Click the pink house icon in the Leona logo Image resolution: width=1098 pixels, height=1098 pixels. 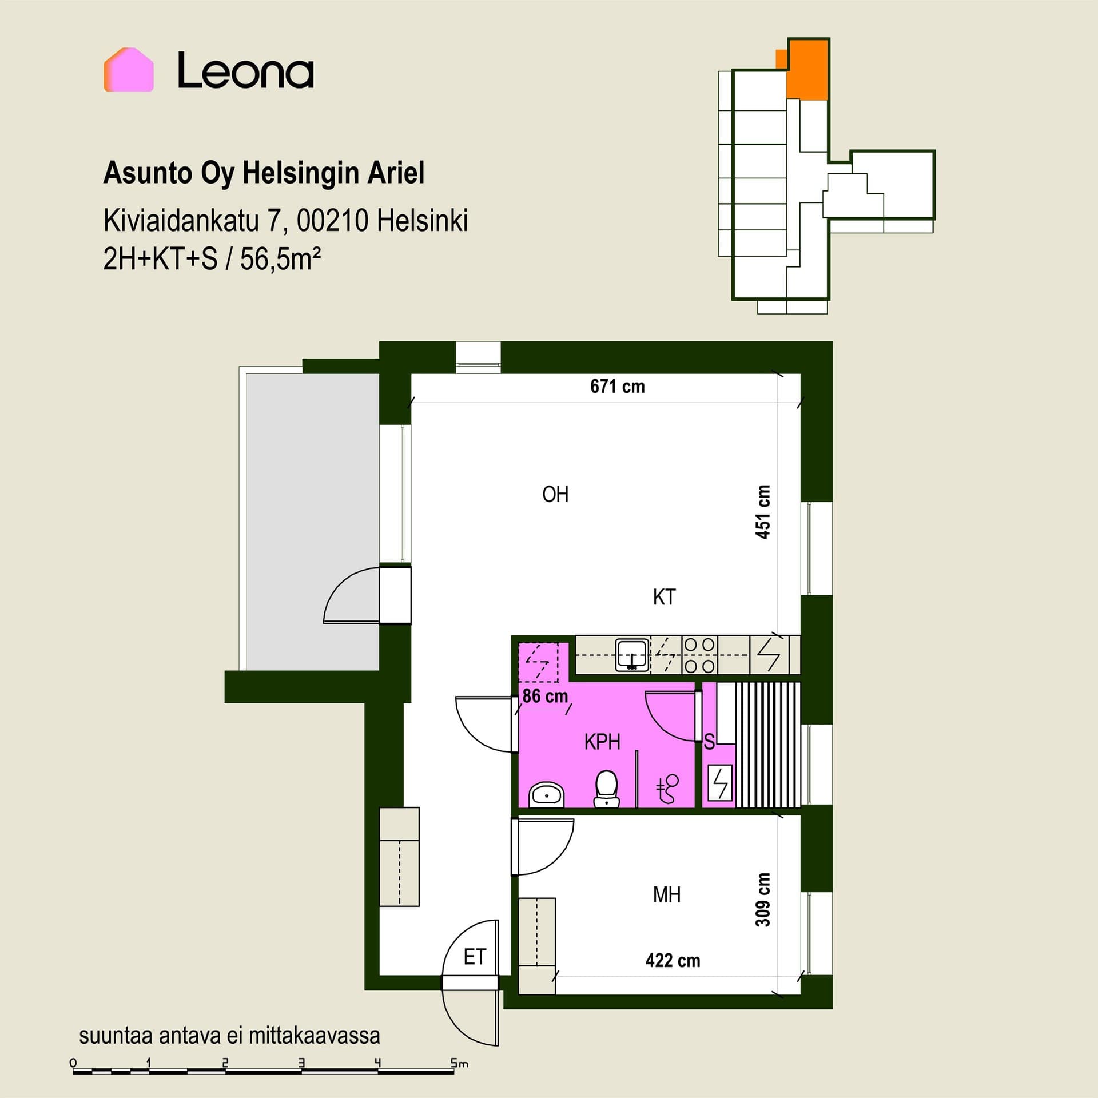click(129, 70)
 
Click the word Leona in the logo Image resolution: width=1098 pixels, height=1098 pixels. click(245, 70)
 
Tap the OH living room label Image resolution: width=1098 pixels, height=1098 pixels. click(555, 494)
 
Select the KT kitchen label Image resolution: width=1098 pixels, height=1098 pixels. click(664, 597)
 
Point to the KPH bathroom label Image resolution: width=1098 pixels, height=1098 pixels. click(602, 742)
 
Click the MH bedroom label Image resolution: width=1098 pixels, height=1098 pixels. click(667, 894)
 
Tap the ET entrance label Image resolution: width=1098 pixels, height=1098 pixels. click(475, 957)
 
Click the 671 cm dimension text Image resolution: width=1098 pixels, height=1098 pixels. click(618, 387)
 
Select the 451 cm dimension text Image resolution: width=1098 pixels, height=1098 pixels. click(763, 512)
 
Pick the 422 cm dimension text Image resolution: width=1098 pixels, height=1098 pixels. click(673, 960)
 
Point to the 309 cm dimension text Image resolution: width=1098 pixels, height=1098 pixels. click(763, 900)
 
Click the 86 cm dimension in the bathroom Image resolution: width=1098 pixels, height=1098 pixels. click(545, 696)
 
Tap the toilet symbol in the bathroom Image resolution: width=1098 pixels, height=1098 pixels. click(607, 789)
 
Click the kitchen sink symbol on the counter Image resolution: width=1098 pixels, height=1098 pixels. click(632, 655)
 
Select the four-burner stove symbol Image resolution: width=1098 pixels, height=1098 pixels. click(700, 655)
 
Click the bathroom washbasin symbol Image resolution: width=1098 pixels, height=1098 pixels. click(547, 795)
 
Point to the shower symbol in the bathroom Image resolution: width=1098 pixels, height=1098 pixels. click(667, 789)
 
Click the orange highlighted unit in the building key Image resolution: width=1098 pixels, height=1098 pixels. click(807, 69)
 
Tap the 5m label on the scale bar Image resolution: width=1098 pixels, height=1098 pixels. click(459, 1063)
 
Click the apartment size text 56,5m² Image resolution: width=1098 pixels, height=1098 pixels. click(280, 259)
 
